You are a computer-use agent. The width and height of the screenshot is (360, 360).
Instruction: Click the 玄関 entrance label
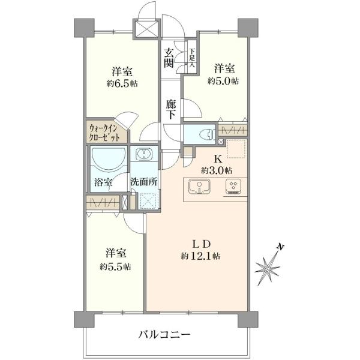(169, 59)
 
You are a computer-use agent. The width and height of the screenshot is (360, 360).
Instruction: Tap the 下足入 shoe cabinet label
(192, 58)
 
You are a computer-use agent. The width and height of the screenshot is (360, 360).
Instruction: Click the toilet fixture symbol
(207, 134)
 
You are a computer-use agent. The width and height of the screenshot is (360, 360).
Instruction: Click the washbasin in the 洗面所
(144, 154)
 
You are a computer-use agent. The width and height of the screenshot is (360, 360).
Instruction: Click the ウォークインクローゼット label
(104, 133)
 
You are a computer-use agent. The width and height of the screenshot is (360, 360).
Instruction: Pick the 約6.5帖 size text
(122, 84)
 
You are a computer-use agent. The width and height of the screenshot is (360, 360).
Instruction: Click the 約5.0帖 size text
(223, 81)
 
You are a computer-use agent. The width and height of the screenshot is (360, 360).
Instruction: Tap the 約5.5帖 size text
(115, 267)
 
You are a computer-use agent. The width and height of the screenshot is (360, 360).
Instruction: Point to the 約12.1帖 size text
(200, 256)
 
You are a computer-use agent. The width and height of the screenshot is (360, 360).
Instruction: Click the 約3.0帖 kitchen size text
(217, 170)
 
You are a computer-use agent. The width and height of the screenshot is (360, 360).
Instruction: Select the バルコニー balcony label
(164, 335)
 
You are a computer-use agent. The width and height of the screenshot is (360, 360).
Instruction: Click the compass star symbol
(267, 268)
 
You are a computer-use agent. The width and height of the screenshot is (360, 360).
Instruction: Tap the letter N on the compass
(280, 247)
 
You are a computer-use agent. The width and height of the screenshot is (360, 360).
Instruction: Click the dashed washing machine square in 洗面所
(148, 202)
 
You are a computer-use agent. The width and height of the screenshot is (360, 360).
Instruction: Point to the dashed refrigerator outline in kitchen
(236, 149)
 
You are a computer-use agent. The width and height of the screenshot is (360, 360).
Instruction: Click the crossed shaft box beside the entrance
(146, 29)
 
